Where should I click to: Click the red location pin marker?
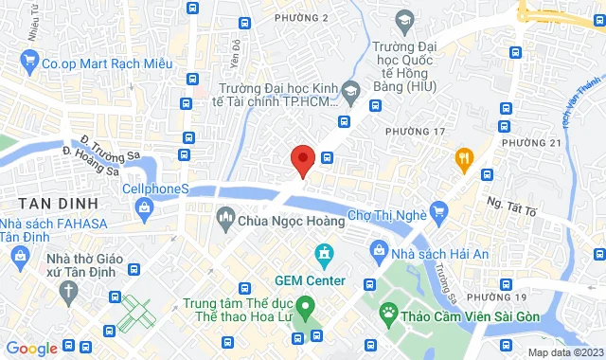[302, 159]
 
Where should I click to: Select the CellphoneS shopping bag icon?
[110, 188]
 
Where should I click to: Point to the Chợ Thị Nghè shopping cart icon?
[438, 210]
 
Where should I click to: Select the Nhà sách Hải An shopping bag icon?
[381, 251]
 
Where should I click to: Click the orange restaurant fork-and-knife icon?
[463, 157]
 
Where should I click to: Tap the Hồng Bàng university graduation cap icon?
[404, 19]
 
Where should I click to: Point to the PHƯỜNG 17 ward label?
[413, 129]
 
